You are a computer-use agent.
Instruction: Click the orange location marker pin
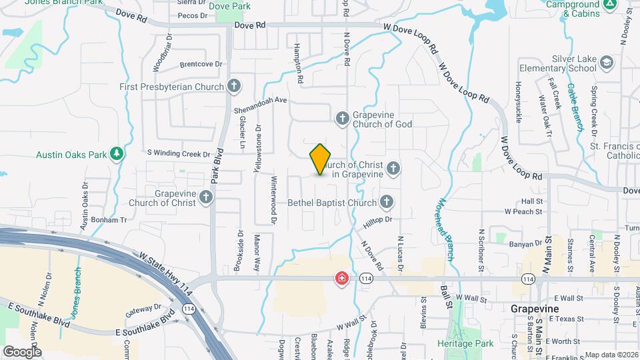click(x=320, y=159)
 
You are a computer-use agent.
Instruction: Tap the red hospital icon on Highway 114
click(x=342, y=277)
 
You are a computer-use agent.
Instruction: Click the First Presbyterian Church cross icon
click(x=233, y=86)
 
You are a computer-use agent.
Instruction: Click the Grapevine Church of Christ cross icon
click(x=205, y=197)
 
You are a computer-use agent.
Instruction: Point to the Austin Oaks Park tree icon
click(x=117, y=155)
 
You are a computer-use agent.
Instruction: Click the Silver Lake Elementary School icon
click(x=606, y=63)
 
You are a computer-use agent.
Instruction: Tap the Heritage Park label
click(x=465, y=343)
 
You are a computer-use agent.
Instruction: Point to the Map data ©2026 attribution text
click(x=611, y=355)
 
